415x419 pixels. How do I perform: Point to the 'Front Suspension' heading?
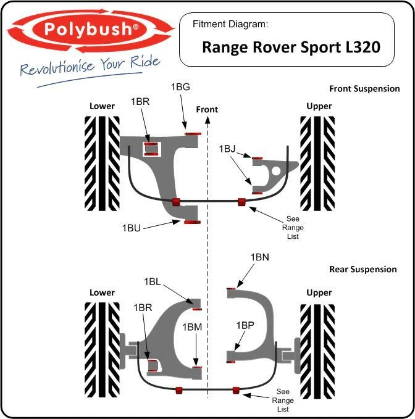click(364, 89)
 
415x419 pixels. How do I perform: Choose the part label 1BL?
click(153, 281)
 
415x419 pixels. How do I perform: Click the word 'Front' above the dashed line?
click(207, 109)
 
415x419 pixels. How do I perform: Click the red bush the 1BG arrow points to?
click(191, 133)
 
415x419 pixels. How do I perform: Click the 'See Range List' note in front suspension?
click(293, 228)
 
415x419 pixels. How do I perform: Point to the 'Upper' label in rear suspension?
click(319, 292)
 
